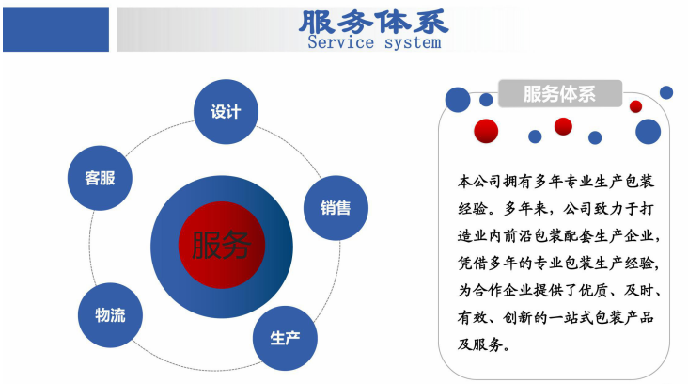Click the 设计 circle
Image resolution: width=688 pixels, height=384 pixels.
point(226,112)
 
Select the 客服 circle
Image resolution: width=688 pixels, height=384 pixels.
point(100,178)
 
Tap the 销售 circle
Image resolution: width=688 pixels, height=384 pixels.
point(336,208)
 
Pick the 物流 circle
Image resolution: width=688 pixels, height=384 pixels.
point(110,315)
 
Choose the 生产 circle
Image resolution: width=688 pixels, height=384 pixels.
point(285,338)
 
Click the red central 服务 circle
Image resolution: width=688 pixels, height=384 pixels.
point(222,245)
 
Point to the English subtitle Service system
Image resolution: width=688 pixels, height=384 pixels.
point(374,42)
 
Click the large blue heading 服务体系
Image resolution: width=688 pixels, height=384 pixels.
point(373,22)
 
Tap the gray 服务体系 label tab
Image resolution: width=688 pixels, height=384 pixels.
point(560,93)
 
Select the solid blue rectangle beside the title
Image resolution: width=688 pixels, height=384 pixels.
point(55,29)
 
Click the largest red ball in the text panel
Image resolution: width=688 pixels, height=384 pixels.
point(486,131)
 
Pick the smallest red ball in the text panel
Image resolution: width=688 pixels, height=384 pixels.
point(635,106)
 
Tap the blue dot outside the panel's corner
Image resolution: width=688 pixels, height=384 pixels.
point(666,92)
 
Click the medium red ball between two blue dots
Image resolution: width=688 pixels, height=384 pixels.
point(563,126)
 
